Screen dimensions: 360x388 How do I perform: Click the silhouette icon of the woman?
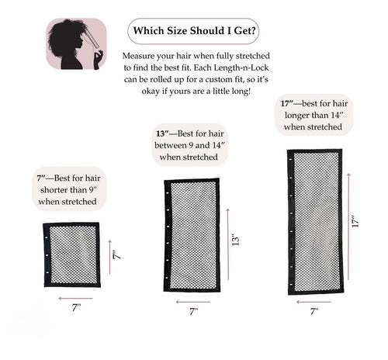[x=76, y=44]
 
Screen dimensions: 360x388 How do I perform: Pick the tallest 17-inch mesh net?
[x=314, y=221]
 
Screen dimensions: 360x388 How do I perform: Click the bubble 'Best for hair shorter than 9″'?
[x=68, y=189]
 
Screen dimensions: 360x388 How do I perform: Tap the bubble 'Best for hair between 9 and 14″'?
[x=189, y=145]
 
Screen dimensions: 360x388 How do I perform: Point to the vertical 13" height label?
[x=234, y=240]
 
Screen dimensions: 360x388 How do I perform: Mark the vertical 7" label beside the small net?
[x=117, y=255]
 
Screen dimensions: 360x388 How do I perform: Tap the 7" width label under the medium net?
[x=193, y=312]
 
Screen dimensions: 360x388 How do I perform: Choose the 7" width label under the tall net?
[x=314, y=312]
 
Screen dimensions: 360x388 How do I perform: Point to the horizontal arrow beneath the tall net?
[x=314, y=302]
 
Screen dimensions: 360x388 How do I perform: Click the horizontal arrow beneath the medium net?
[x=193, y=302]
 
